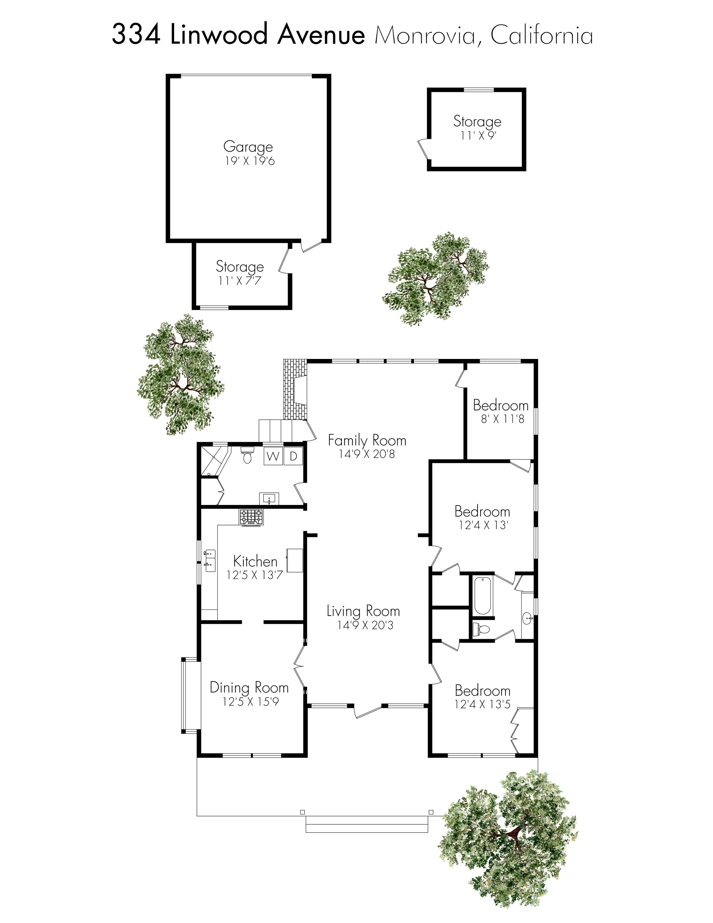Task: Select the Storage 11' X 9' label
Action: click(477, 127)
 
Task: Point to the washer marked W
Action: click(273, 456)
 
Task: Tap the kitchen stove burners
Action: click(251, 516)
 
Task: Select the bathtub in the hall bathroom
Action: click(482, 596)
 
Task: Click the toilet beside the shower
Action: click(247, 455)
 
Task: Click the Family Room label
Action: click(367, 440)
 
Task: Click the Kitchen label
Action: click(255, 561)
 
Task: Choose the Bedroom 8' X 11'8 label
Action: click(500, 411)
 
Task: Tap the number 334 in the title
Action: click(136, 35)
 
